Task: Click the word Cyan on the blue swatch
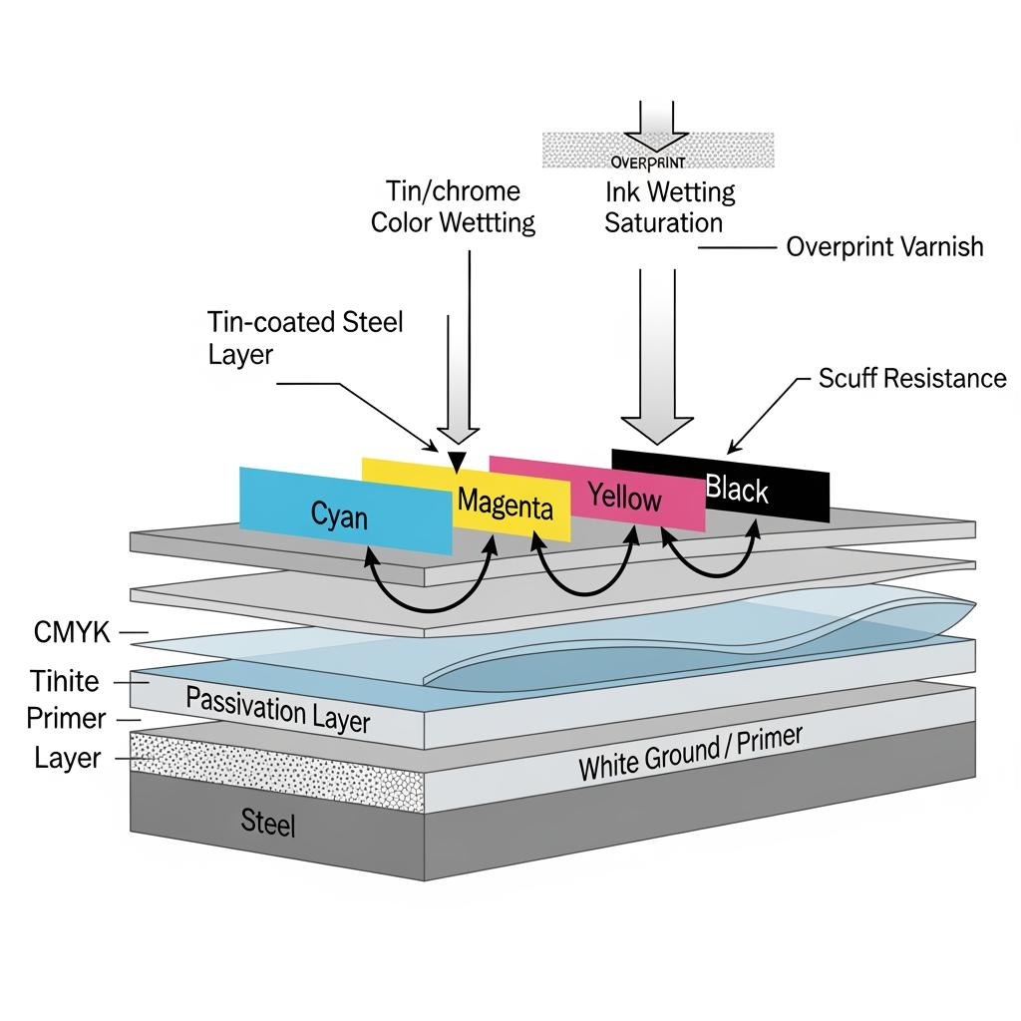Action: [339, 515]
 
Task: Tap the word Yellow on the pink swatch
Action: [624, 496]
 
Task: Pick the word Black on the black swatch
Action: [737, 489]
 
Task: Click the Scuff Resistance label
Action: [912, 378]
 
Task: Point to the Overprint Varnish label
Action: [884, 246]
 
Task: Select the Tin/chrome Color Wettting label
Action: [453, 206]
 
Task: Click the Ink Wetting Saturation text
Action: [669, 206]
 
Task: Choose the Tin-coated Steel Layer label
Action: [305, 337]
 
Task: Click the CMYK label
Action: [73, 631]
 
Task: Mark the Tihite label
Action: [64, 681]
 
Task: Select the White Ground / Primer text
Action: [690, 754]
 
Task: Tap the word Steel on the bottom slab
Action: [268, 823]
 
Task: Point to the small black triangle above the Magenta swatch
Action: [457, 461]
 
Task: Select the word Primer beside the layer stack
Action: [66, 717]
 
